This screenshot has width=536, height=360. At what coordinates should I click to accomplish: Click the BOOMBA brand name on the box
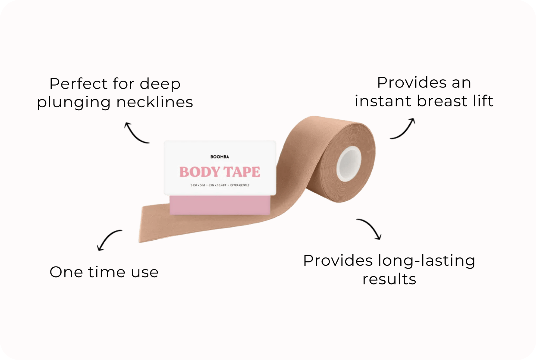pyautogui.click(x=220, y=157)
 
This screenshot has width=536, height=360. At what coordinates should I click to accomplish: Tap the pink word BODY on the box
pyautogui.click(x=200, y=172)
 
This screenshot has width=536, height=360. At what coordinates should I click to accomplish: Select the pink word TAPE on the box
pyautogui.click(x=242, y=172)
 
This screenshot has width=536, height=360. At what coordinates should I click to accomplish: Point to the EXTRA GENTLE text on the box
pyautogui.click(x=240, y=185)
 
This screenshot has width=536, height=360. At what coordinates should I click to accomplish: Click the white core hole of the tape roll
pyautogui.click(x=349, y=164)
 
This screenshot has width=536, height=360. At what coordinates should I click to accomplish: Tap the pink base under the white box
pyautogui.click(x=220, y=205)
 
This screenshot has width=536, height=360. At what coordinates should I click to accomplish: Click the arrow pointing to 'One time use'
pyautogui.click(x=107, y=238)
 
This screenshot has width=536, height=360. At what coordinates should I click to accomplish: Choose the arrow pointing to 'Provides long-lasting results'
pyautogui.click(x=370, y=228)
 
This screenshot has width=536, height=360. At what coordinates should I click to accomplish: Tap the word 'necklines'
pyautogui.click(x=155, y=102)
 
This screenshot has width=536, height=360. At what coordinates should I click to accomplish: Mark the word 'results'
pyautogui.click(x=389, y=279)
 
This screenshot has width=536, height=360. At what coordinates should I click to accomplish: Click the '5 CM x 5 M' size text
pyautogui.click(x=198, y=185)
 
